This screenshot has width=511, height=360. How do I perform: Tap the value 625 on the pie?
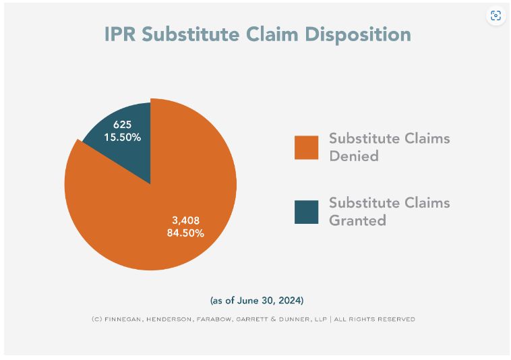pos(122,125)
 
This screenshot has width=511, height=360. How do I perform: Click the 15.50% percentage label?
pos(122,137)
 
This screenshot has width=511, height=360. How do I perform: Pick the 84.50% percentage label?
pos(185,233)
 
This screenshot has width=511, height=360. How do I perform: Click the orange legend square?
pos(306,148)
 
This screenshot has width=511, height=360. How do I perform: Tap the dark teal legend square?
pos(306,212)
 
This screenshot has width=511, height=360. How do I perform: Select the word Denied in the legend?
pos(353,156)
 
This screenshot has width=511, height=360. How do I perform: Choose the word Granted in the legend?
pos(357,220)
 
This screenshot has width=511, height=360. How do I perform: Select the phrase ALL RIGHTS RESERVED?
pos(375,319)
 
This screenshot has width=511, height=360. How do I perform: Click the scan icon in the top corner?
pos(496,16)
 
